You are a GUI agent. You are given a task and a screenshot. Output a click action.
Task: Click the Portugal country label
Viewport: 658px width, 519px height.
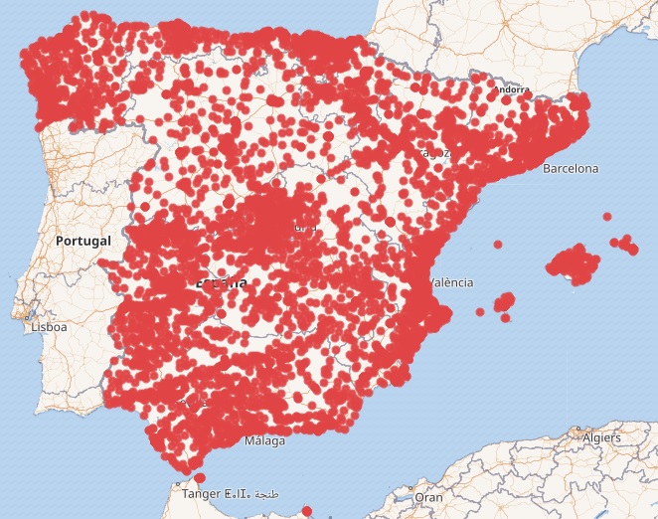83,241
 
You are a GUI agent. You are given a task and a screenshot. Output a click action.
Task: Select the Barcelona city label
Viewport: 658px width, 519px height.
571,169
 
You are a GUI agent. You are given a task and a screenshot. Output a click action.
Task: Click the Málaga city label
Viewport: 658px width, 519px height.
263,440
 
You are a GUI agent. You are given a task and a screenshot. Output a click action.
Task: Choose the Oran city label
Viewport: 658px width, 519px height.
428,496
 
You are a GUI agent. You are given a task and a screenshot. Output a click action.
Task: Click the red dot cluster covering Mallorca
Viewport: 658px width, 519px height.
575,266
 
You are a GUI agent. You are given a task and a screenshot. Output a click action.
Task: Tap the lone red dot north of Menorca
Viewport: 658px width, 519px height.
606,215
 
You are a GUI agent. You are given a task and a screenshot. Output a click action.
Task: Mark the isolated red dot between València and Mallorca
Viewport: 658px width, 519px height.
480,312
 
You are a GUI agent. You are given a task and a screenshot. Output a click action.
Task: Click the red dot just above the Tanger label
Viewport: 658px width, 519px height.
201,479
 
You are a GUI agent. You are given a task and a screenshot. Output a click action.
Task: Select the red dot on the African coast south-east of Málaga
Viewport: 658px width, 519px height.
306,513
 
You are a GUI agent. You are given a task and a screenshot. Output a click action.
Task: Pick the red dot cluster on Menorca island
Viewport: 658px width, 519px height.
624,244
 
